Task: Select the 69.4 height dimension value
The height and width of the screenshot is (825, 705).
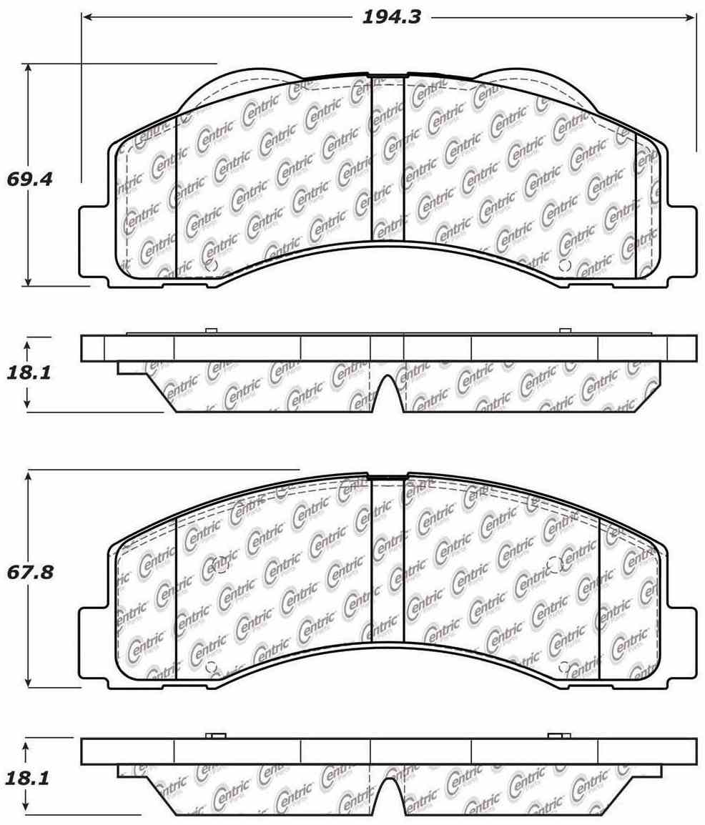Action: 30,179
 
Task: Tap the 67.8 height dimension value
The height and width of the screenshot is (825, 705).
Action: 30,573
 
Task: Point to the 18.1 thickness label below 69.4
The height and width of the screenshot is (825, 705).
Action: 29,374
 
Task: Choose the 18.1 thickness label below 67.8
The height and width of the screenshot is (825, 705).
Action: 29,779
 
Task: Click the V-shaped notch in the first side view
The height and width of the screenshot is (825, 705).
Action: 387,393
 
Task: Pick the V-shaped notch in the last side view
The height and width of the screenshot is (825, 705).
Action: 387,797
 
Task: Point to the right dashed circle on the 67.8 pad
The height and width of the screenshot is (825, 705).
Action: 556,564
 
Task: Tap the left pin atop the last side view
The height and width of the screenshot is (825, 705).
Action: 215,736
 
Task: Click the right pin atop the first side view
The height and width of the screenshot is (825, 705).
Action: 565,330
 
